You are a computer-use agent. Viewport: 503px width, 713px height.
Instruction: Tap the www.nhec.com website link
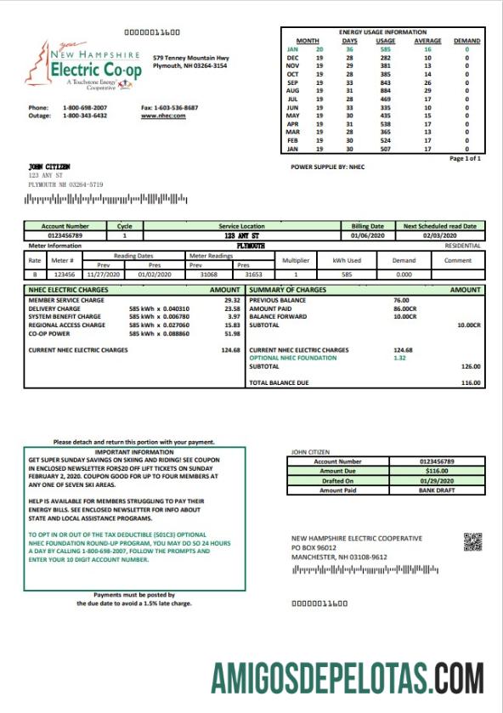(x=159, y=116)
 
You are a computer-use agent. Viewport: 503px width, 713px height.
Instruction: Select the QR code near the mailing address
(x=472, y=541)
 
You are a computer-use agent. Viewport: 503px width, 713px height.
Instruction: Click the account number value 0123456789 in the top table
(x=65, y=235)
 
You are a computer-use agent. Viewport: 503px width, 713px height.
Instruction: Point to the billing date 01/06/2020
(x=367, y=235)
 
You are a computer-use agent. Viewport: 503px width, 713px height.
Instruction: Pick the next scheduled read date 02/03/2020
(x=439, y=235)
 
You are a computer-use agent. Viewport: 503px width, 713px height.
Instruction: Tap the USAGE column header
(x=386, y=41)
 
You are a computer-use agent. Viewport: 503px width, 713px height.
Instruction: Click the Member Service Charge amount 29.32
(x=232, y=300)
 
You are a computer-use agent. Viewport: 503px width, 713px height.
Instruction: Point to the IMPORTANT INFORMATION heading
(x=134, y=453)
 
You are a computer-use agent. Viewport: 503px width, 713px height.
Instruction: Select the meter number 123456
(x=65, y=274)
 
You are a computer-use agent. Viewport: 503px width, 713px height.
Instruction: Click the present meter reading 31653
(x=253, y=274)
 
